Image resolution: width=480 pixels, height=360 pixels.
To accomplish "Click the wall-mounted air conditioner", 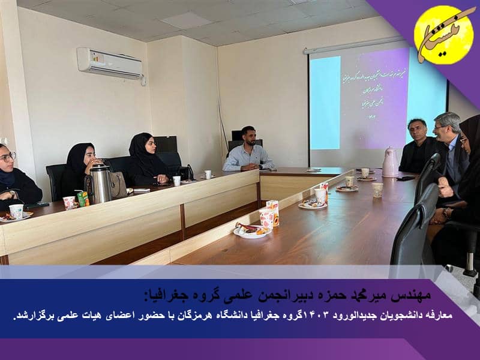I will tap(110, 62).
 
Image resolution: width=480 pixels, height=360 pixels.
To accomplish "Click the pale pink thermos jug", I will tap(390, 162).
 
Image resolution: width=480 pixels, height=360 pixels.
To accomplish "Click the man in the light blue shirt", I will tap(248, 151).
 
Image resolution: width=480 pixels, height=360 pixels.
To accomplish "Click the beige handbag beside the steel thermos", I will tap(118, 185).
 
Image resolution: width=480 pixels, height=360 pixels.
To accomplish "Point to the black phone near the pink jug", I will tap(406, 178).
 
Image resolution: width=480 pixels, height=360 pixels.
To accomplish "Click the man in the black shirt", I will tap(418, 147).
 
